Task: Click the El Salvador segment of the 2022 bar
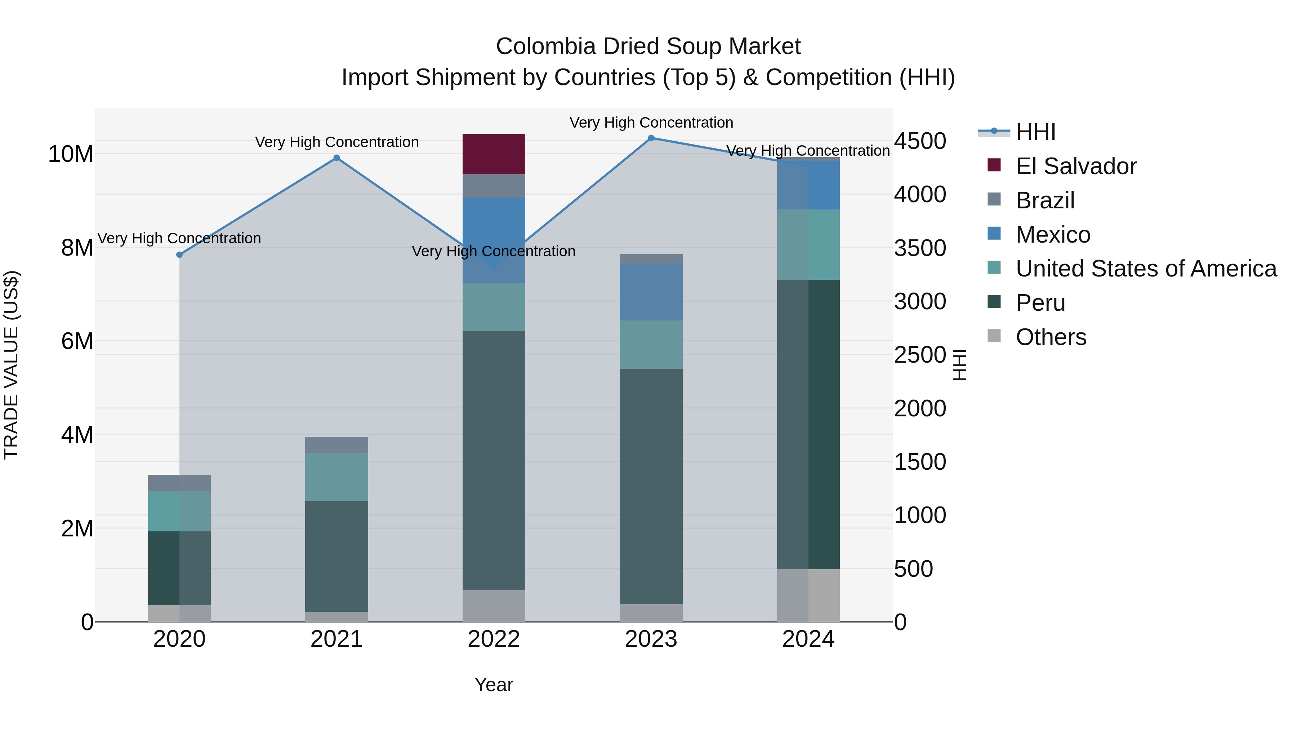[494, 154]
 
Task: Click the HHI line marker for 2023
[651, 138]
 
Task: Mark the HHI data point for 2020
[179, 255]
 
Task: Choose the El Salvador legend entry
[1075, 166]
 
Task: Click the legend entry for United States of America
[1145, 269]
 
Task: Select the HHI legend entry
[1035, 132]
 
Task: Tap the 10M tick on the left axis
[71, 154]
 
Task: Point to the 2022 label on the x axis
[494, 639]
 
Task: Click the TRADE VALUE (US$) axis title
[11, 365]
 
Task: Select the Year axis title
[494, 685]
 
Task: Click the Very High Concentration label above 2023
[651, 123]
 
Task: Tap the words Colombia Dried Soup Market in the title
[648, 47]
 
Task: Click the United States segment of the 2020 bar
[179, 511]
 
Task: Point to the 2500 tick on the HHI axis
[920, 355]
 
